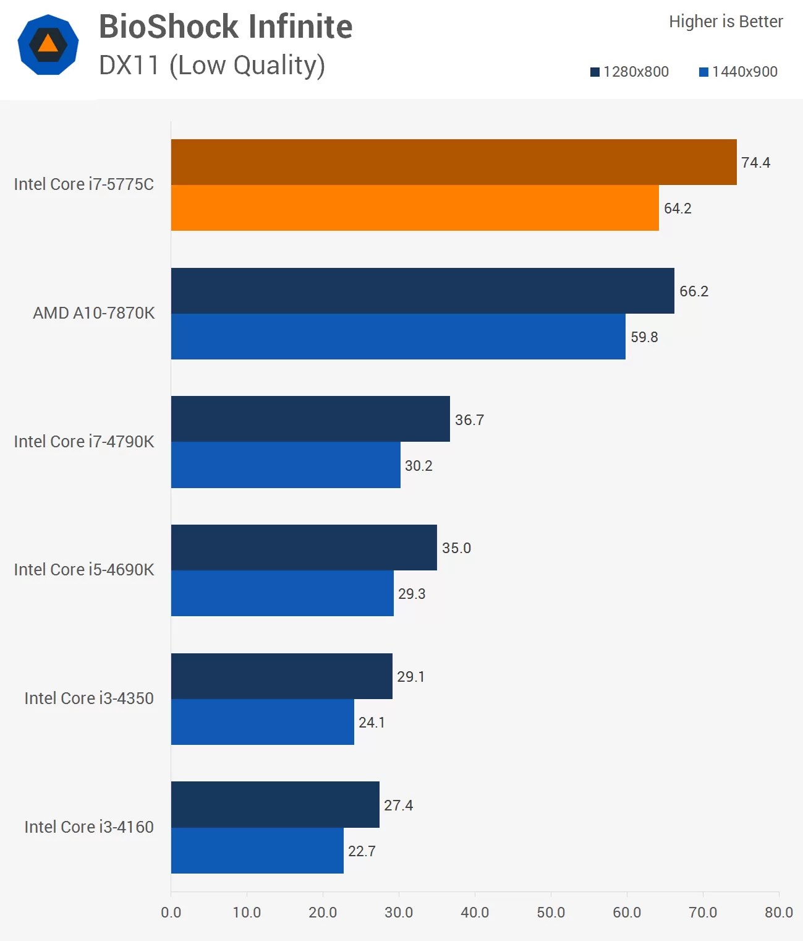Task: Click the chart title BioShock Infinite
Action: pyautogui.click(x=226, y=27)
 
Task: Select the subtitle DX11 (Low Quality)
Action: pyautogui.click(x=212, y=66)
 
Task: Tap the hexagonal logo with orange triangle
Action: pyautogui.click(x=48, y=45)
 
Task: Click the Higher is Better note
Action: pyautogui.click(x=725, y=22)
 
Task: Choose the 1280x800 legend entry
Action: pyautogui.click(x=629, y=72)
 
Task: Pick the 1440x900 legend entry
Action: pyautogui.click(x=738, y=72)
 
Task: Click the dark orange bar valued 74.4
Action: pyautogui.click(x=453, y=162)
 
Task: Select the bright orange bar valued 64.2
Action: pyautogui.click(x=414, y=208)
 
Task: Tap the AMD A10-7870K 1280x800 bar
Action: pyautogui.click(x=422, y=291)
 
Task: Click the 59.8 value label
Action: pyautogui.click(x=644, y=337)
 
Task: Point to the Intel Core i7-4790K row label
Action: pyautogui.click(x=84, y=442)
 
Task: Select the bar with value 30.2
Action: pyautogui.click(x=286, y=465)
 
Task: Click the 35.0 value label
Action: pyautogui.click(x=456, y=548)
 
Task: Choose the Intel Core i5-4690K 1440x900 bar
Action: pyautogui.click(x=282, y=593)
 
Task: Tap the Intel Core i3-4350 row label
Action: pyautogui.click(x=89, y=698)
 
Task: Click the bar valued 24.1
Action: pyautogui.click(x=262, y=722)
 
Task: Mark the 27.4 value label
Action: pyautogui.click(x=398, y=806)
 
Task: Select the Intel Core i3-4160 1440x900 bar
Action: pyautogui.click(x=257, y=851)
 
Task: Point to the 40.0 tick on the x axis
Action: pyautogui.click(x=475, y=913)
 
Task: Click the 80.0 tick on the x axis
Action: pyautogui.click(x=778, y=913)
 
